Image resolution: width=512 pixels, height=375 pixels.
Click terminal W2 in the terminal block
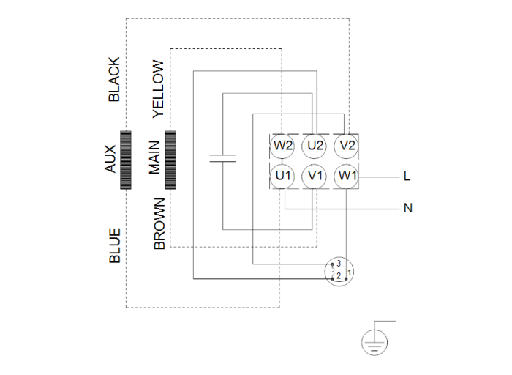284,146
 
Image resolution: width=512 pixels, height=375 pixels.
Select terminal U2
315,146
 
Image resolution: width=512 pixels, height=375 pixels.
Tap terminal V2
347,146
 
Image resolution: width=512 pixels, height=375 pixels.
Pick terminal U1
284,176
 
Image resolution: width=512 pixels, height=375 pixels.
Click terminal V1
315,176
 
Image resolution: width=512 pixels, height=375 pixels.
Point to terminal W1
347,176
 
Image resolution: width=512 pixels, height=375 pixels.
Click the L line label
407,177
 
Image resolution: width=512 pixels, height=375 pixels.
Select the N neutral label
407,208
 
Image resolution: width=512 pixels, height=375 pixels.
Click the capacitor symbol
222,157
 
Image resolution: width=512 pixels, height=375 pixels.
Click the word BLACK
113,80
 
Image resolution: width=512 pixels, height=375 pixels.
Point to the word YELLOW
158,89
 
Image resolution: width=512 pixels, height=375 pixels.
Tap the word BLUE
114,245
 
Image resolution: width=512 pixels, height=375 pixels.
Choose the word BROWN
159,223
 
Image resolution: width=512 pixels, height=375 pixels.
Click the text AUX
110,159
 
